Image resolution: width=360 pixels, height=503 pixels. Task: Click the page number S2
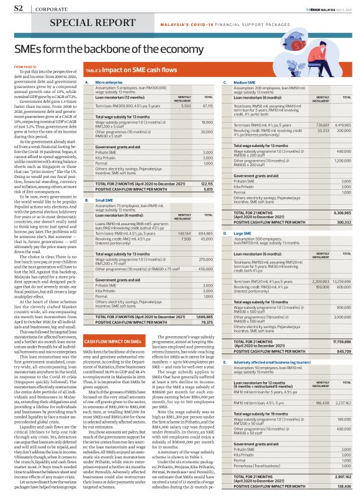(x=19, y=8)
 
